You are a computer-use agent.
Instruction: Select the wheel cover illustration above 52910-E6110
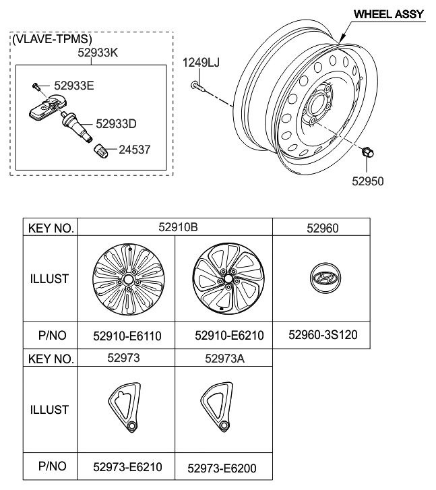coord(127,278)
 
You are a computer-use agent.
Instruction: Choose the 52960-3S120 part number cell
coord(321,334)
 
